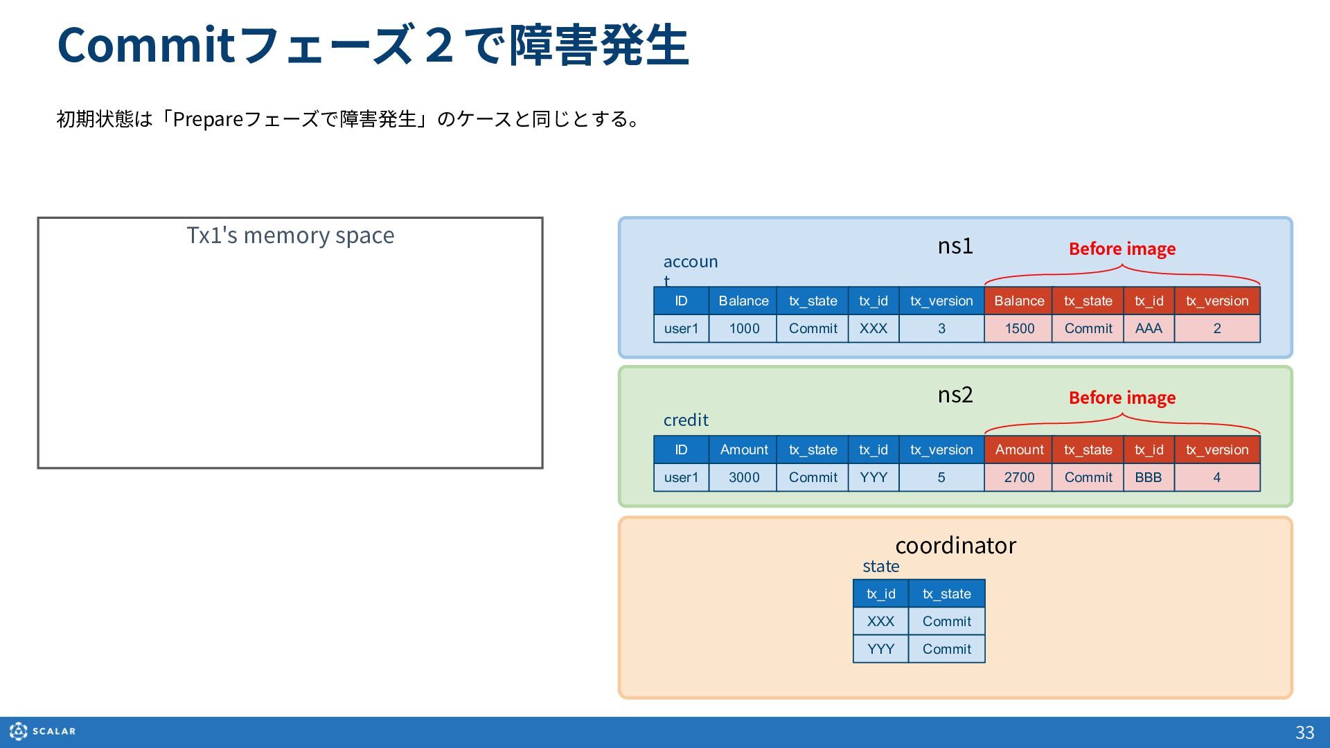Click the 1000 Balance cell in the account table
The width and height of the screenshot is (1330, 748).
743,328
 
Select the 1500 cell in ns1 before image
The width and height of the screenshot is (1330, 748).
1019,328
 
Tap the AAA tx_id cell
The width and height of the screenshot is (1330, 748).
1149,328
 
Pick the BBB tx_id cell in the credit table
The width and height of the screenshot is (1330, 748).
1149,477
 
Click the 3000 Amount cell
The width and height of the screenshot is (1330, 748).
743,477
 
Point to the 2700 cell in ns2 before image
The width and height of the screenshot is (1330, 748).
1019,477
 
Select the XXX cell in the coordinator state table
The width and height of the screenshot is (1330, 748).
880,621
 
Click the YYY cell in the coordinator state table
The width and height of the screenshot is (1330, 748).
880,649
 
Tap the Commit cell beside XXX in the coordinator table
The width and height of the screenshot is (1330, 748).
947,621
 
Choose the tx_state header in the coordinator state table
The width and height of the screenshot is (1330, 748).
947,594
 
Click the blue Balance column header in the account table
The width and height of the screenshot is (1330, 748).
743,301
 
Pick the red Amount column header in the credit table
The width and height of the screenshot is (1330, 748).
1019,449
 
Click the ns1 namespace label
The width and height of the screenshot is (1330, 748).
955,246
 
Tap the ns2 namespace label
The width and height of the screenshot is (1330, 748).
955,395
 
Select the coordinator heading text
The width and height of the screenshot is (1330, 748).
955,545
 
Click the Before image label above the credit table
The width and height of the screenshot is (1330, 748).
1122,398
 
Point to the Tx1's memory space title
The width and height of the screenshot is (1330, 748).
290,235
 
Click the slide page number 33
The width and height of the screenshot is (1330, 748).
1305,733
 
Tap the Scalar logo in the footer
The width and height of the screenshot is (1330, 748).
43,731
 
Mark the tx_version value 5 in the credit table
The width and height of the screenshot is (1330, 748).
941,477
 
